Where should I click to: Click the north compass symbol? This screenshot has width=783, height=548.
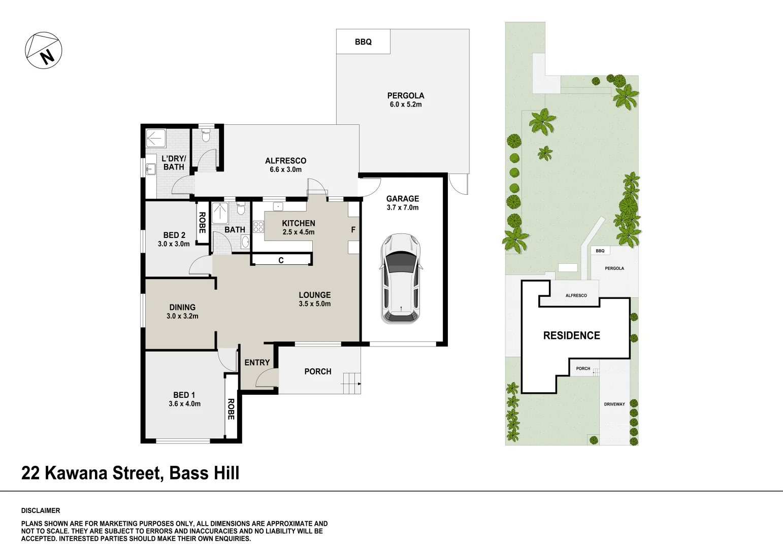44,50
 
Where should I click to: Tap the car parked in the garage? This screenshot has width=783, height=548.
401,279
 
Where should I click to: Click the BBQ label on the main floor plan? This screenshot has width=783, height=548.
363,42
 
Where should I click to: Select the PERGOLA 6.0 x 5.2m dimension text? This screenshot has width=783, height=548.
406,105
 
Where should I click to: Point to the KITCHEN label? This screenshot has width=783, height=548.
299,223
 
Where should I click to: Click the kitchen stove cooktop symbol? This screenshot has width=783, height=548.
258,227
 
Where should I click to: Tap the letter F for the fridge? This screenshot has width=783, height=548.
353,230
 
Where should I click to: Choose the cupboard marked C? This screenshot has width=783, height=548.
281,260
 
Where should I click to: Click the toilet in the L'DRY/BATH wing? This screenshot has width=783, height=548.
206,135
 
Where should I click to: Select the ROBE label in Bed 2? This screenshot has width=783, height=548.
202,222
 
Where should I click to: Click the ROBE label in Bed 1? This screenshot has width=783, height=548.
231,409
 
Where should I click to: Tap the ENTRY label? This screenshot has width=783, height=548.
257,362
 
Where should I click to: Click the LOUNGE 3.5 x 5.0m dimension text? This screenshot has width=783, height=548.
315,304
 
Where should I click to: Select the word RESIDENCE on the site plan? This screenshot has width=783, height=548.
572,335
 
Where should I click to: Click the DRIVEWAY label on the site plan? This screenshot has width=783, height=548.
614,404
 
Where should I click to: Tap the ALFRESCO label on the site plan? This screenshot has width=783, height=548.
576,295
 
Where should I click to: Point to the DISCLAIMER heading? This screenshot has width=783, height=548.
41,510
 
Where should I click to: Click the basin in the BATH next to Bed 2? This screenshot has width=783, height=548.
245,242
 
